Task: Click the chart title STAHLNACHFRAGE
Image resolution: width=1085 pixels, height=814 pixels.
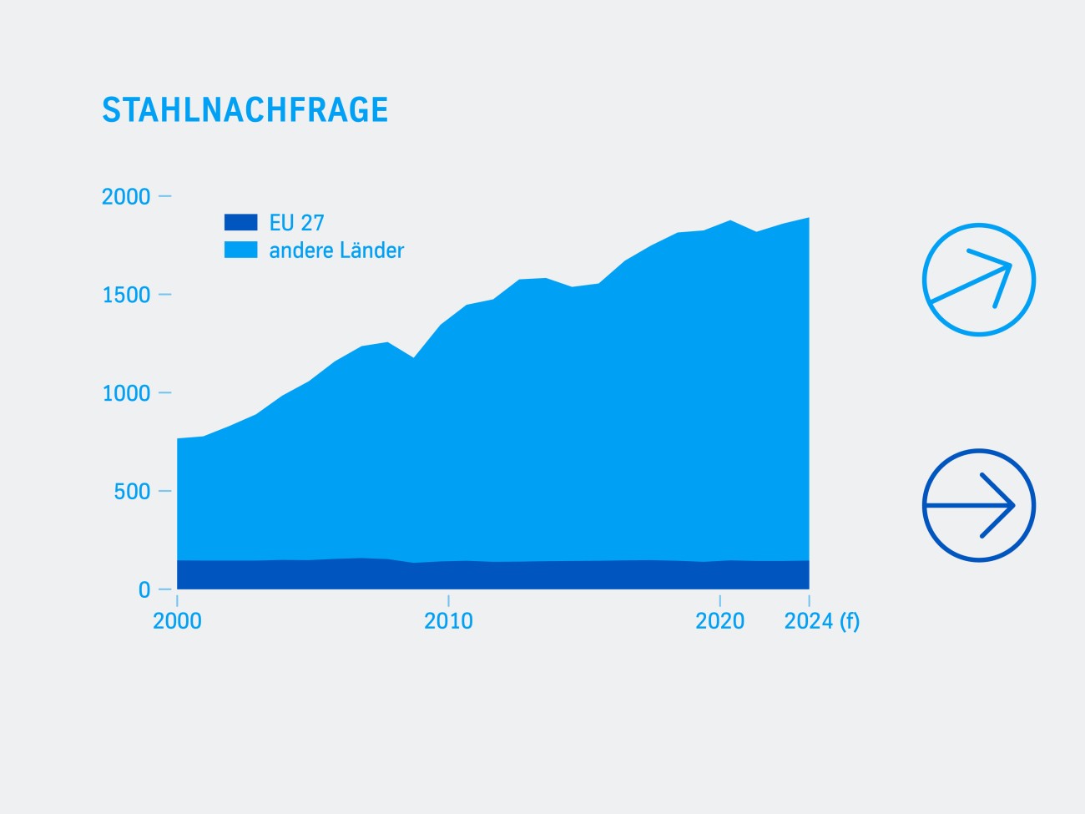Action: (x=245, y=110)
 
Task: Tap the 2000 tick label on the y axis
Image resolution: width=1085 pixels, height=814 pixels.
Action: (x=126, y=197)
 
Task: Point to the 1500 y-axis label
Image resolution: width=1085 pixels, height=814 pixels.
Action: (x=126, y=296)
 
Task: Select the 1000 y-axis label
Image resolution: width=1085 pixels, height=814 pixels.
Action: (x=126, y=393)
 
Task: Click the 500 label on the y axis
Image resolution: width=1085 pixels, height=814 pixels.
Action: (x=132, y=492)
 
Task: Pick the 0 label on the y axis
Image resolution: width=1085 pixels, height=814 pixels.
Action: (x=144, y=590)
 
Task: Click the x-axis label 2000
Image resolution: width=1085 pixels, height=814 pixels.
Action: (x=177, y=621)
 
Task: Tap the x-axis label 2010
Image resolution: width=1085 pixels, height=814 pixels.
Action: (x=448, y=621)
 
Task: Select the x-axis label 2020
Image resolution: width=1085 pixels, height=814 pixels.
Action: (x=719, y=621)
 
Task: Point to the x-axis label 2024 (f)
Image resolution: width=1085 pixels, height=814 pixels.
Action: (x=821, y=621)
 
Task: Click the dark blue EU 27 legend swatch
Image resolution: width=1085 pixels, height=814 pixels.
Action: (x=240, y=223)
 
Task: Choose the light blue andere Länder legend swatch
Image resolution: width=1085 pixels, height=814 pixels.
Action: (x=240, y=250)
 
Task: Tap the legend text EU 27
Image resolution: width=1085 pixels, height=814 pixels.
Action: (x=296, y=223)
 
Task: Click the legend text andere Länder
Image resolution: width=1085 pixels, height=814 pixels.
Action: (x=336, y=250)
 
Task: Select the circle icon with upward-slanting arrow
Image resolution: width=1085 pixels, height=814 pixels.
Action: (x=978, y=280)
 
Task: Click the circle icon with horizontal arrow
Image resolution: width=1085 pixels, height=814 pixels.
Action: (x=978, y=505)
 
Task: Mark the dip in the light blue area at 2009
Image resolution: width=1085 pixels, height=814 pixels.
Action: (x=413, y=359)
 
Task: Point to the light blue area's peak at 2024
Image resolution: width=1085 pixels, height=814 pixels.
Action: (x=807, y=220)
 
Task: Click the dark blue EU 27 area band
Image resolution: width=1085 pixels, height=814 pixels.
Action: (x=492, y=575)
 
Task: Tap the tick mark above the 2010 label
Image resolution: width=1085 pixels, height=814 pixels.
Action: (x=448, y=600)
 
